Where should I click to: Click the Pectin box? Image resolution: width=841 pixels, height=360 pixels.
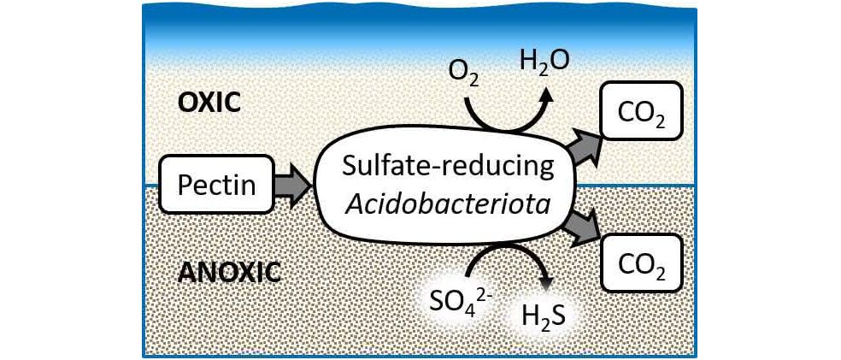(x=217, y=184)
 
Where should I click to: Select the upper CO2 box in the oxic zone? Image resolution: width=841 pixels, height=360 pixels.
(x=642, y=111)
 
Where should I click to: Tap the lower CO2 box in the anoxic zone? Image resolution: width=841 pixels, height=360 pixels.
(x=642, y=262)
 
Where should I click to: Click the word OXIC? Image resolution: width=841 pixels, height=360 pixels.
(x=209, y=103)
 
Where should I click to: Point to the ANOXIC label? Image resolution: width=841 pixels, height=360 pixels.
(x=229, y=273)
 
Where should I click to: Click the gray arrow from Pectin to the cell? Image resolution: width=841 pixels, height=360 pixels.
(x=293, y=185)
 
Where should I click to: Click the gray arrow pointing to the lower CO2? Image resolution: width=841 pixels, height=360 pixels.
(x=584, y=226)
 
